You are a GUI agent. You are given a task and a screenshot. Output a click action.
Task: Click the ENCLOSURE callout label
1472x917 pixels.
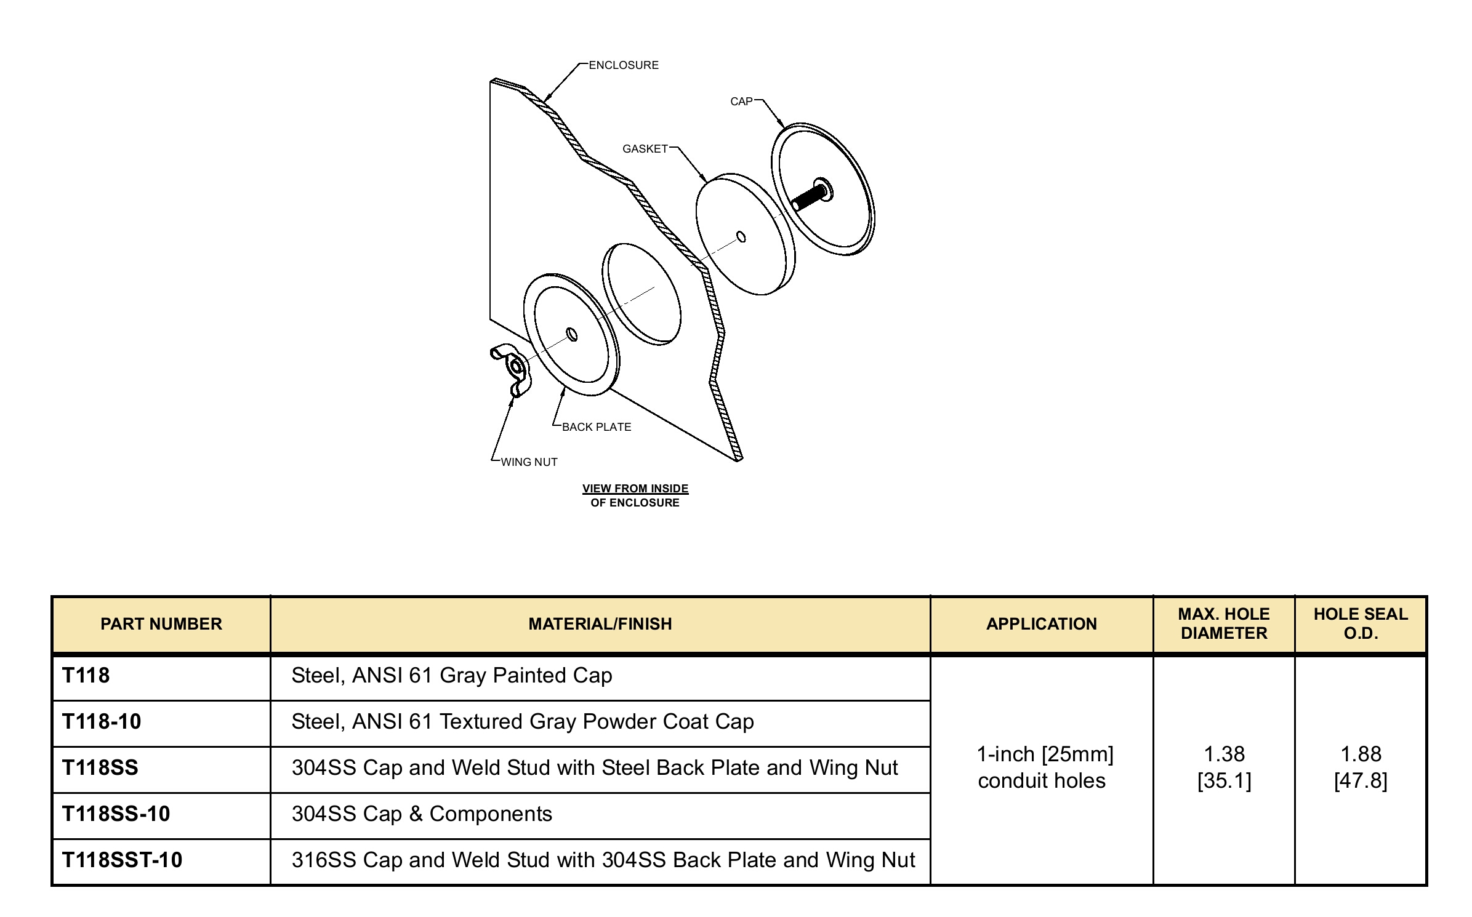pos(623,65)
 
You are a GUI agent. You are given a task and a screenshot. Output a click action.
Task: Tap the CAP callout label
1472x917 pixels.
pos(741,102)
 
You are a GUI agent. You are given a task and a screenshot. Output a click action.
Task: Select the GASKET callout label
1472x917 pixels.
pos(645,149)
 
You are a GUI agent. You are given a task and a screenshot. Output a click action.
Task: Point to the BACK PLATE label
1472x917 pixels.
pos(596,427)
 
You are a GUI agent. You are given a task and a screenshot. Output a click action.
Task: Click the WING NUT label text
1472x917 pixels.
pos(529,462)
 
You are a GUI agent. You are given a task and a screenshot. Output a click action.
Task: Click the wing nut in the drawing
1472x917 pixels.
pos(511,369)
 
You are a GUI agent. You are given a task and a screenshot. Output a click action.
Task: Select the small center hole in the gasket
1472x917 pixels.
pos(741,237)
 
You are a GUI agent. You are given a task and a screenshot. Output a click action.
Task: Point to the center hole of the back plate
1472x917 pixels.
pos(572,334)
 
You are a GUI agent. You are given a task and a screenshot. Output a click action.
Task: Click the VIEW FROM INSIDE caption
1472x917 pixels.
pos(635,489)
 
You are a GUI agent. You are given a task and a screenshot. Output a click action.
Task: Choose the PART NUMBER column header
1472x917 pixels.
pos(161,624)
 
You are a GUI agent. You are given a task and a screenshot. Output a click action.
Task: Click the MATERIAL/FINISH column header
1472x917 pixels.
pos(600,624)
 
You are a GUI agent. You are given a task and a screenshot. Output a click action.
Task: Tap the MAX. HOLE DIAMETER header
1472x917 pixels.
pos(1224,623)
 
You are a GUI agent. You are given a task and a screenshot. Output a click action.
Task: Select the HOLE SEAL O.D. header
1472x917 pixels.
pos(1361,623)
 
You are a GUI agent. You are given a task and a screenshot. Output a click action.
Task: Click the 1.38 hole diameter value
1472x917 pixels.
pos(1224,754)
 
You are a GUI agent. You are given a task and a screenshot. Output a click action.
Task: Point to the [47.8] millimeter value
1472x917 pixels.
pos(1361,781)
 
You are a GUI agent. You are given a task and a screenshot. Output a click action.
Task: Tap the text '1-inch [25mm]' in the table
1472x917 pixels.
pos(1045,754)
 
